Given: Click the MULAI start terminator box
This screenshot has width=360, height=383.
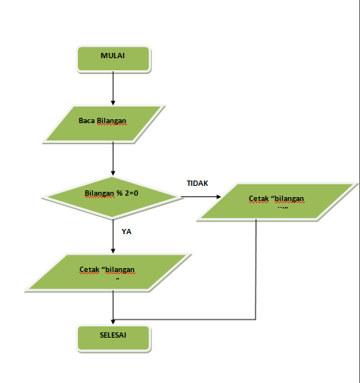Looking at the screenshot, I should tap(113, 57).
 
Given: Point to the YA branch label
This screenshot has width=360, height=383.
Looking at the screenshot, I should tap(127, 232).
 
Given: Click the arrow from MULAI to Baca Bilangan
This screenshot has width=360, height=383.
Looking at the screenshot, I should tap(113, 86).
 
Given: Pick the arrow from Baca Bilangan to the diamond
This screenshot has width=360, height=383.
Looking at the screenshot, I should tap(113, 158).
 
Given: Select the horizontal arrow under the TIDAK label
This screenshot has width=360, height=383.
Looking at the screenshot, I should tap(201, 199).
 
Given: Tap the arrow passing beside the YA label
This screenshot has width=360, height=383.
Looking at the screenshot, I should tap(113, 235).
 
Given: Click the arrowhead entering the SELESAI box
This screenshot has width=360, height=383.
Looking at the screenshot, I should tap(113, 322).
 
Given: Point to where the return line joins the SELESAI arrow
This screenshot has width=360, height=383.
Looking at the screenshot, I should tap(113, 317).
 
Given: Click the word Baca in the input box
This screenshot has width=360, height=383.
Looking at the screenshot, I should tap(87, 121).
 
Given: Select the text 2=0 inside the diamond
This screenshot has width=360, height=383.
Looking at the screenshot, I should tap(133, 194).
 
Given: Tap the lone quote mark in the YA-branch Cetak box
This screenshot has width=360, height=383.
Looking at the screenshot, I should tap(118, 279).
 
